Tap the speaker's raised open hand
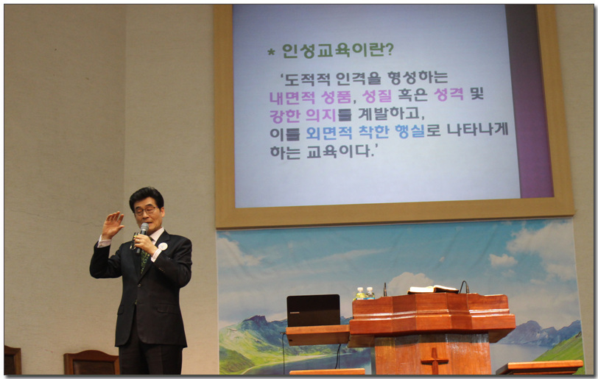(113, 224)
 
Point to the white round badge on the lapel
(163, 247)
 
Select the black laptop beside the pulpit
(313, 311)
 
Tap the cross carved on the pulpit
(434, 361)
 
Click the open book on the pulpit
(432, 290)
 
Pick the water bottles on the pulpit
(365, 293)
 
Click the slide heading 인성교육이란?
(337, 50)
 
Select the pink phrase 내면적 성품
(310, 97)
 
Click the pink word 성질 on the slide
(377, 96)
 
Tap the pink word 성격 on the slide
(449, 93)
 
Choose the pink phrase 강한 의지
(303, 115)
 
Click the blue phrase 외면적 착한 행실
(365, 132)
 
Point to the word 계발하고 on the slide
(391, 113)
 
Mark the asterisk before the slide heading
(271, 52)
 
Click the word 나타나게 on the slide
(477, 130)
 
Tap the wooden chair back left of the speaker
(91, 362)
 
